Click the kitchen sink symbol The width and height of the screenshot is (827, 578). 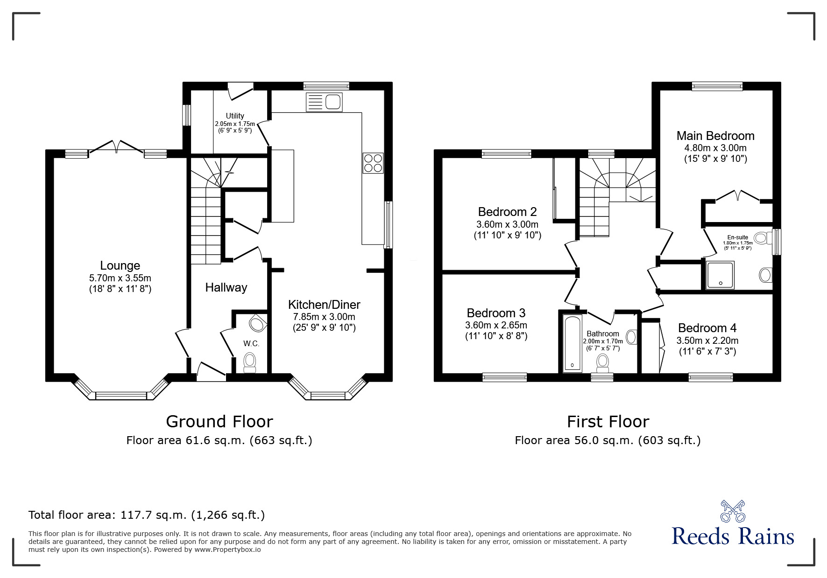[324, 102]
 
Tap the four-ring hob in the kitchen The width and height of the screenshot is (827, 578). [373, 163]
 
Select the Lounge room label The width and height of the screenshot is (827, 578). [120, 265]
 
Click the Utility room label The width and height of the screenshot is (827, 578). [235, 116]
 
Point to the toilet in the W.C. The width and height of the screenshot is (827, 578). [250, 362]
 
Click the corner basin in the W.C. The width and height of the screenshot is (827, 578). [257, 323]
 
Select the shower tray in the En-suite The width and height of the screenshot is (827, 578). [720, 274]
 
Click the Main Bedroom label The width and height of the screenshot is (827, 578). [715, 136]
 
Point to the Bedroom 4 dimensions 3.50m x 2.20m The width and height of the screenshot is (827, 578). [707, 341]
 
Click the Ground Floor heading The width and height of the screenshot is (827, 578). [219, 422]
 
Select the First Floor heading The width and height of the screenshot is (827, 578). [608, 422]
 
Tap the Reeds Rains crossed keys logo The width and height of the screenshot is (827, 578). [733, 511]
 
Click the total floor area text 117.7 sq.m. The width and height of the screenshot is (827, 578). [147, 515]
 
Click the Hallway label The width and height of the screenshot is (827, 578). [226, 287]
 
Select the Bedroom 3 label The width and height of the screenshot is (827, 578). [496, 313]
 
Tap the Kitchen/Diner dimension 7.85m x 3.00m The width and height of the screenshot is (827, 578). [324, 317]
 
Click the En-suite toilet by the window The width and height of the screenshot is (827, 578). [761, 238]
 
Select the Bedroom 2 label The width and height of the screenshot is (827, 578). [507, 212]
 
